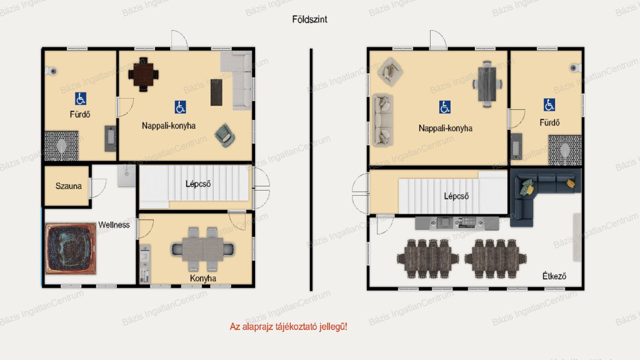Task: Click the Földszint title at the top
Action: point(309,19)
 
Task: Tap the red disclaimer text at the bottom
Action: point(288,326)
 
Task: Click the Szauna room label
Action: point(68,186)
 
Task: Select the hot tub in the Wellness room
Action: point(71,248)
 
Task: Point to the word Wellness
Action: point(114,225)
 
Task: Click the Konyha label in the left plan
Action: point(203,278)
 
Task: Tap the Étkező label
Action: point(554,276)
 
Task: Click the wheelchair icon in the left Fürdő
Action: point(81,99)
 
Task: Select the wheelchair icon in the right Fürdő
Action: point(549,105)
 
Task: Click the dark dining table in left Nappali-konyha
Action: point(143,74)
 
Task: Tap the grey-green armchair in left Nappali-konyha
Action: point(224,135)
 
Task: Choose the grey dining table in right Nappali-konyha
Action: point(487,84)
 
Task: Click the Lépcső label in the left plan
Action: point(198,184)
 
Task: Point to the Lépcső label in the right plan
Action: point(456,196)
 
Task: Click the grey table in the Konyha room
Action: point(202,249)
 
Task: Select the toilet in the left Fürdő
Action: point(51,71)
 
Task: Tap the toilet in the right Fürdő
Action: point(575,67)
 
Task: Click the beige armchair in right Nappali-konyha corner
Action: point(390,71)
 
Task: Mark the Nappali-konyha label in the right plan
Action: point(445,129)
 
